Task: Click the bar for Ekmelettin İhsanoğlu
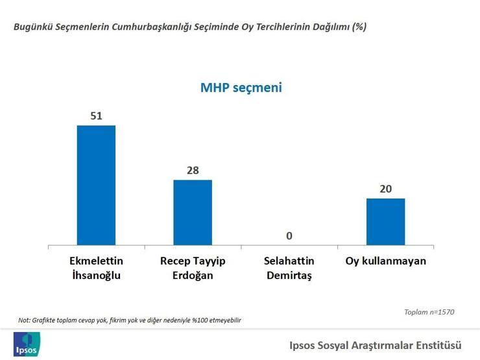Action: pos(96,186)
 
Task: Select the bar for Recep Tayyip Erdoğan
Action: pos(193,213)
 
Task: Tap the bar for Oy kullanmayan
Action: pos(386,222)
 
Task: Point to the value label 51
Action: pos(96,115)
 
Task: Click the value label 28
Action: pos(193,170)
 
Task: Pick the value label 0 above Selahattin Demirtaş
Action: pos(289,235)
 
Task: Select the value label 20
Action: pos(386,189)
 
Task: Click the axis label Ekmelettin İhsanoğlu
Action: pos(96,268)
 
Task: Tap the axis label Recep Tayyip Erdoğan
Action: pos(193,268)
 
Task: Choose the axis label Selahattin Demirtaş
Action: pos(289,268)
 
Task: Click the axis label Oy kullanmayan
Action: pos(386,261)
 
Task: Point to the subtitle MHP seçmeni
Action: pos(241,88)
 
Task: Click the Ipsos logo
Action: pos(27,344)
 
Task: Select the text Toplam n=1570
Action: pos(429,312)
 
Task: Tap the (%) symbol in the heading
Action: pos(359,27)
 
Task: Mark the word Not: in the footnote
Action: pos(24,320)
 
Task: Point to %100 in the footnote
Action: pos(200,320)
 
